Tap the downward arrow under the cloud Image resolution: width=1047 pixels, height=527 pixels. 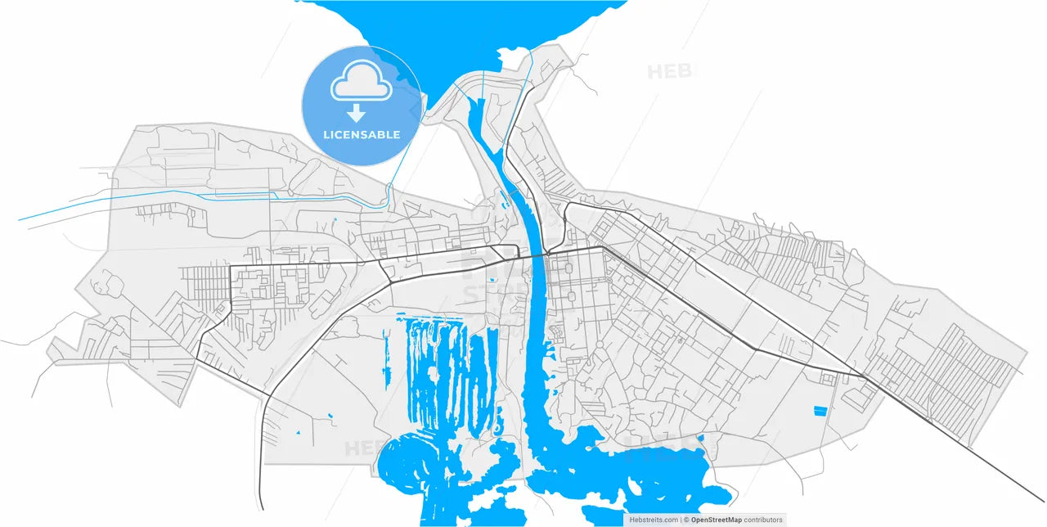tap(357, 113)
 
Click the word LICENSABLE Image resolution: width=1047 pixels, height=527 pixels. tap(362, 134)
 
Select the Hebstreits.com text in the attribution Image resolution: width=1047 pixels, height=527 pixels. tap(653, 520)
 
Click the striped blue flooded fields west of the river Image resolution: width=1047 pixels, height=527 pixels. tap(442, 368)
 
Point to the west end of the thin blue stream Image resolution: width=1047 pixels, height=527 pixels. tap(20, 219)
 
